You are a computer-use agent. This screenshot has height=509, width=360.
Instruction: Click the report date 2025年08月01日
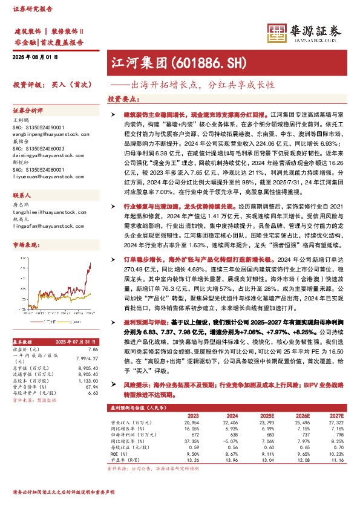pos(34,57)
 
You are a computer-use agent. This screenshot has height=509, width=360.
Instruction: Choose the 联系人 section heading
pos(22,197)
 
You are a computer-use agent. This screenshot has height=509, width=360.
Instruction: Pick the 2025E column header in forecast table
pos(266,415)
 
